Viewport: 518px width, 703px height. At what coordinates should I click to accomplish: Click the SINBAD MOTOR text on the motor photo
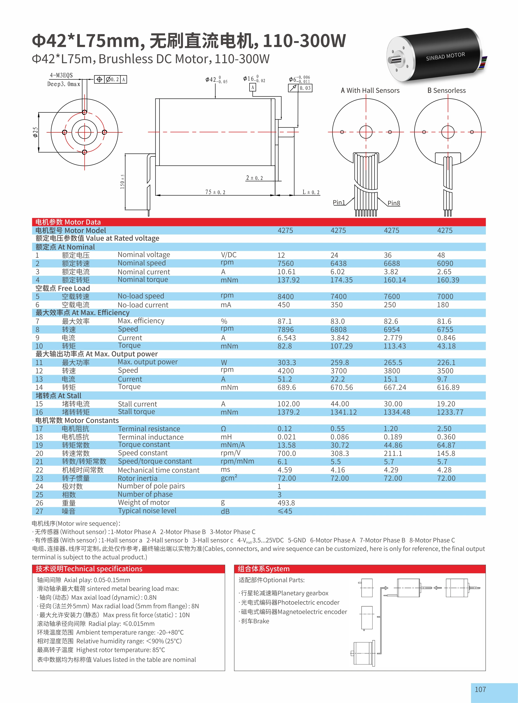445,56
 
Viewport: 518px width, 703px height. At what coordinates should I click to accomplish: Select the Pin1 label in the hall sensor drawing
339,203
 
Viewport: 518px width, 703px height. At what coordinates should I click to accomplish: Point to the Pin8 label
394,203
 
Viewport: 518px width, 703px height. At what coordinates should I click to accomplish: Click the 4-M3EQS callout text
61,75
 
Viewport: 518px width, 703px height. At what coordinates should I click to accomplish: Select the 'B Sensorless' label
447,91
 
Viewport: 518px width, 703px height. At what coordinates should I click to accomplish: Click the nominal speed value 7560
286,263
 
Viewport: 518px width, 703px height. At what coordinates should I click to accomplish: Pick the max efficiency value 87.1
285,321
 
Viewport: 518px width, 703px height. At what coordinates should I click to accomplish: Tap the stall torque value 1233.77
450,412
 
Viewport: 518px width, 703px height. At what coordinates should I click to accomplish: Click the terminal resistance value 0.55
338,429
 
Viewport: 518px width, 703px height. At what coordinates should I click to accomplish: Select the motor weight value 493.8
286,503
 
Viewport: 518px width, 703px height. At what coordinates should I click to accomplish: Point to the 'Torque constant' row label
144,445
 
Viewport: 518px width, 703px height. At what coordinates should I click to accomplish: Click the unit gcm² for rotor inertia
229,478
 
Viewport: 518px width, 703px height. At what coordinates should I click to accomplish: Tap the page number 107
480,689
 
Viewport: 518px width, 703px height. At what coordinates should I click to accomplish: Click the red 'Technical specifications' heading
89,569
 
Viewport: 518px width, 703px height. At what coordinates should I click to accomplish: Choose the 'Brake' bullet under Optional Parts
255,621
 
